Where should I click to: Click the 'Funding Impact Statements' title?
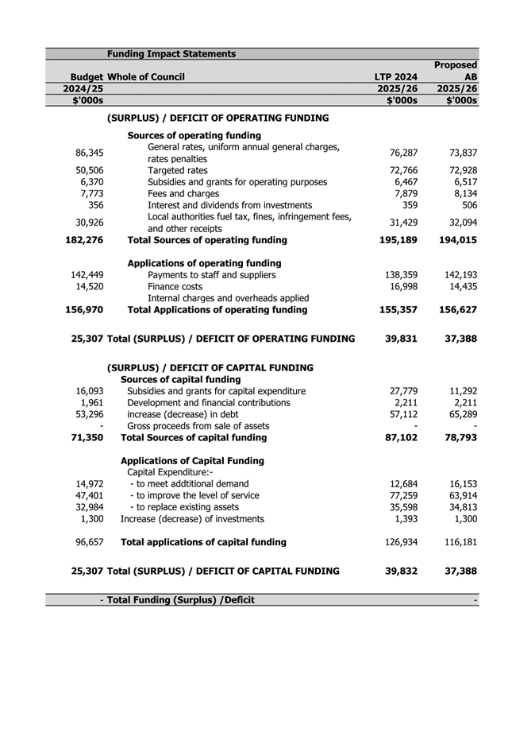click(171, 54)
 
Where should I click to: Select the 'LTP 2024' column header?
click(395, 77)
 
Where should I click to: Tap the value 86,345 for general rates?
click(89, 153)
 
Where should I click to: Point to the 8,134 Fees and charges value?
click(461, 194)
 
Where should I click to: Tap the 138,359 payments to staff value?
click(399, 276)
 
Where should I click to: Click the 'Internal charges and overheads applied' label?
click(228, 298)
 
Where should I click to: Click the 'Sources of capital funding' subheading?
click(184, 379)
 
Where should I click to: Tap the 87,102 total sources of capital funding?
click(399, 437)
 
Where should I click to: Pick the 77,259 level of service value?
click(399, 495)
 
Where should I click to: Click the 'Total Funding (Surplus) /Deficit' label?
click(180, 600)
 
